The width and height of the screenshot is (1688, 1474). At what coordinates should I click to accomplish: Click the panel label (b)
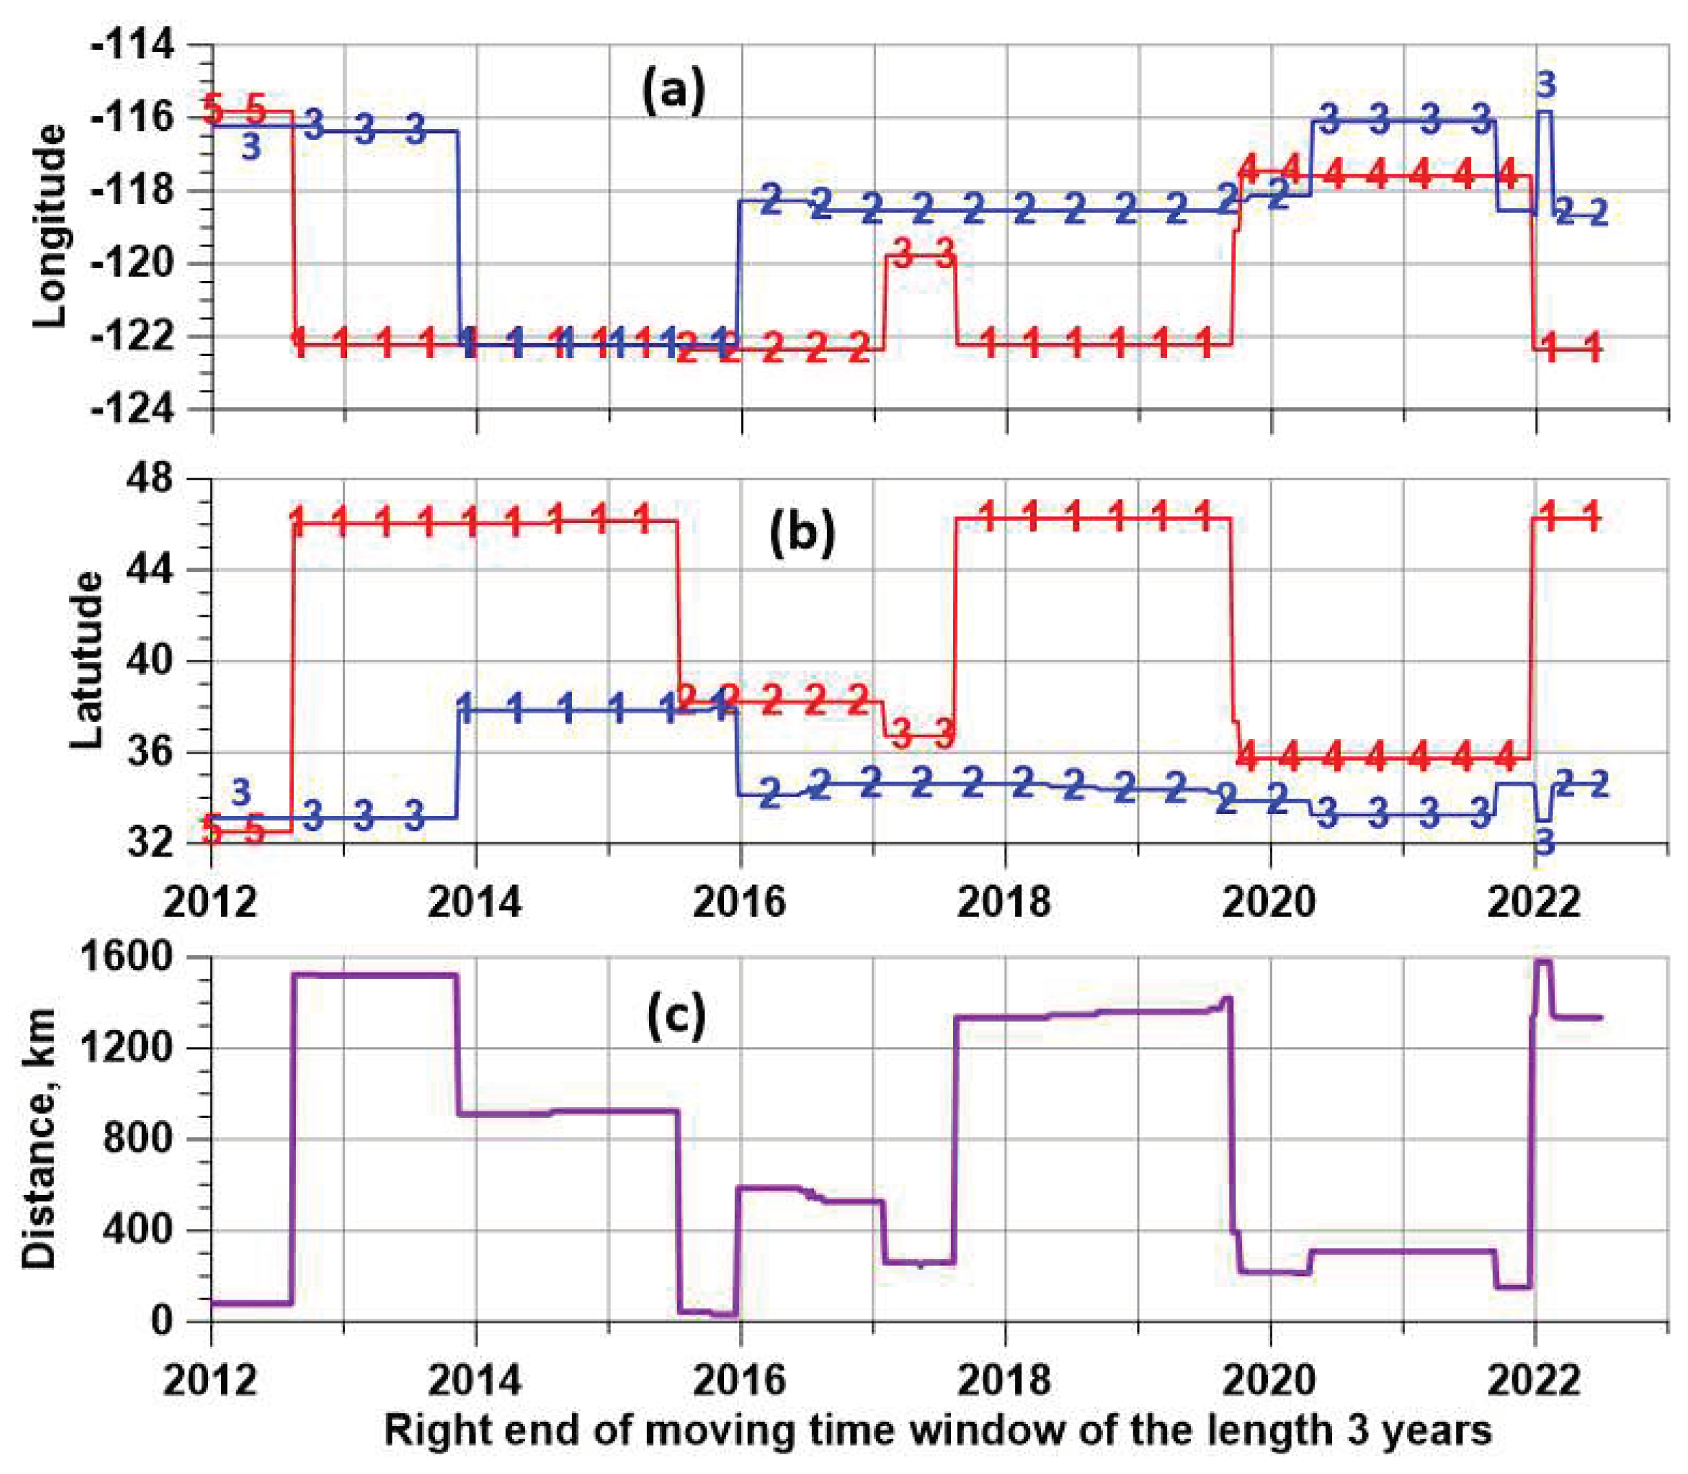click(801, 532)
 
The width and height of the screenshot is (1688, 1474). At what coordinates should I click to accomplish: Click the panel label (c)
click(676, 1017)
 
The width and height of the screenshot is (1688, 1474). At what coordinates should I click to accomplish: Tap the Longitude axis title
click(49, 226)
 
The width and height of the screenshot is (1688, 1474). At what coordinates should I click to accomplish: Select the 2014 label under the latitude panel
click(476, 903)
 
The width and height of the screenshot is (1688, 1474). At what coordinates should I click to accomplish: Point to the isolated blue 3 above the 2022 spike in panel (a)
click(1545, 84)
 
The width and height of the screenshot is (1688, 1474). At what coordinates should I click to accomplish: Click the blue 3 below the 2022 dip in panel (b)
click(1545, 842)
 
